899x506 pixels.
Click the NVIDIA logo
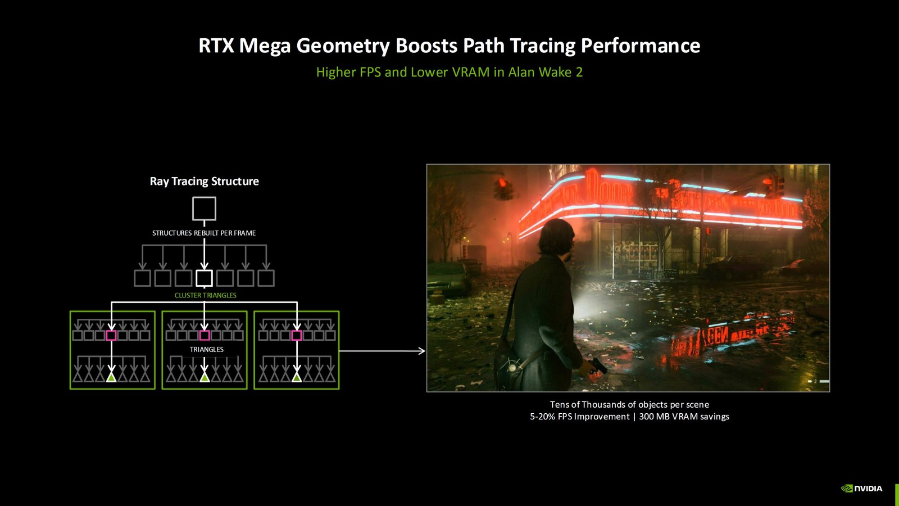[x=861, y=489]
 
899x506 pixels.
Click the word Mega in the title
[x=265, y=46]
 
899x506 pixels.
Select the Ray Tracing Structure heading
[x=204, y=181]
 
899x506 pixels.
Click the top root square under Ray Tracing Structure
[x=204, y=209]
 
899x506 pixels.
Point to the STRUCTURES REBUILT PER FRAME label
[x=204, y=233]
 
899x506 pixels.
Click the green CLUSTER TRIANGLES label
[x=205, y=295]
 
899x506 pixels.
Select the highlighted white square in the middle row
[x=204, y=278]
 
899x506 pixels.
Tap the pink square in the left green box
[x=111, y=336]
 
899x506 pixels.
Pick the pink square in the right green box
[x=297, y=336]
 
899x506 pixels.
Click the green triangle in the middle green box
[x=205, y=377]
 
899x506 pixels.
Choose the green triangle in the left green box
[x=111, y=377]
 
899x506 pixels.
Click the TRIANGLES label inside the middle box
[x=206, y=350]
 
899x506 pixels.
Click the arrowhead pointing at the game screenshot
[x=421, y=351]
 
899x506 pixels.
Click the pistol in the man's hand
[x=597, y=366]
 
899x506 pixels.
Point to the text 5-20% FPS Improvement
[x=579, y=417]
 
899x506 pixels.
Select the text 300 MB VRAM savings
[x=684, y=417]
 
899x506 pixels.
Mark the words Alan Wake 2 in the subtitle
[x=545, y=72]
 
